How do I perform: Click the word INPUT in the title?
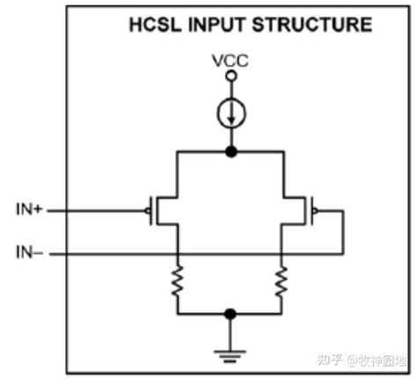coord(215,24)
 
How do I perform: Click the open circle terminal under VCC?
coord(230,77)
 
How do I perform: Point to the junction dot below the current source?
coord(230,151)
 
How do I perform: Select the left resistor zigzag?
coord(178,281)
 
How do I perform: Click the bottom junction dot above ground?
coord(230,312)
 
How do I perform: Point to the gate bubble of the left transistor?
coord(146,211)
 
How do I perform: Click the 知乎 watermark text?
coord(330,361)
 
